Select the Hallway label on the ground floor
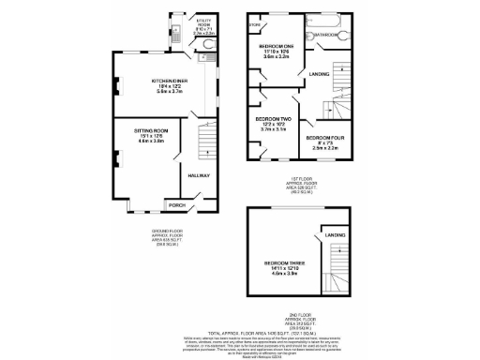200,175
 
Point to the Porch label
176,204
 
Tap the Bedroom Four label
325,138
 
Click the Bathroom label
327,35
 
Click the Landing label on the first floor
320,72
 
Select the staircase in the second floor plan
337,267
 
